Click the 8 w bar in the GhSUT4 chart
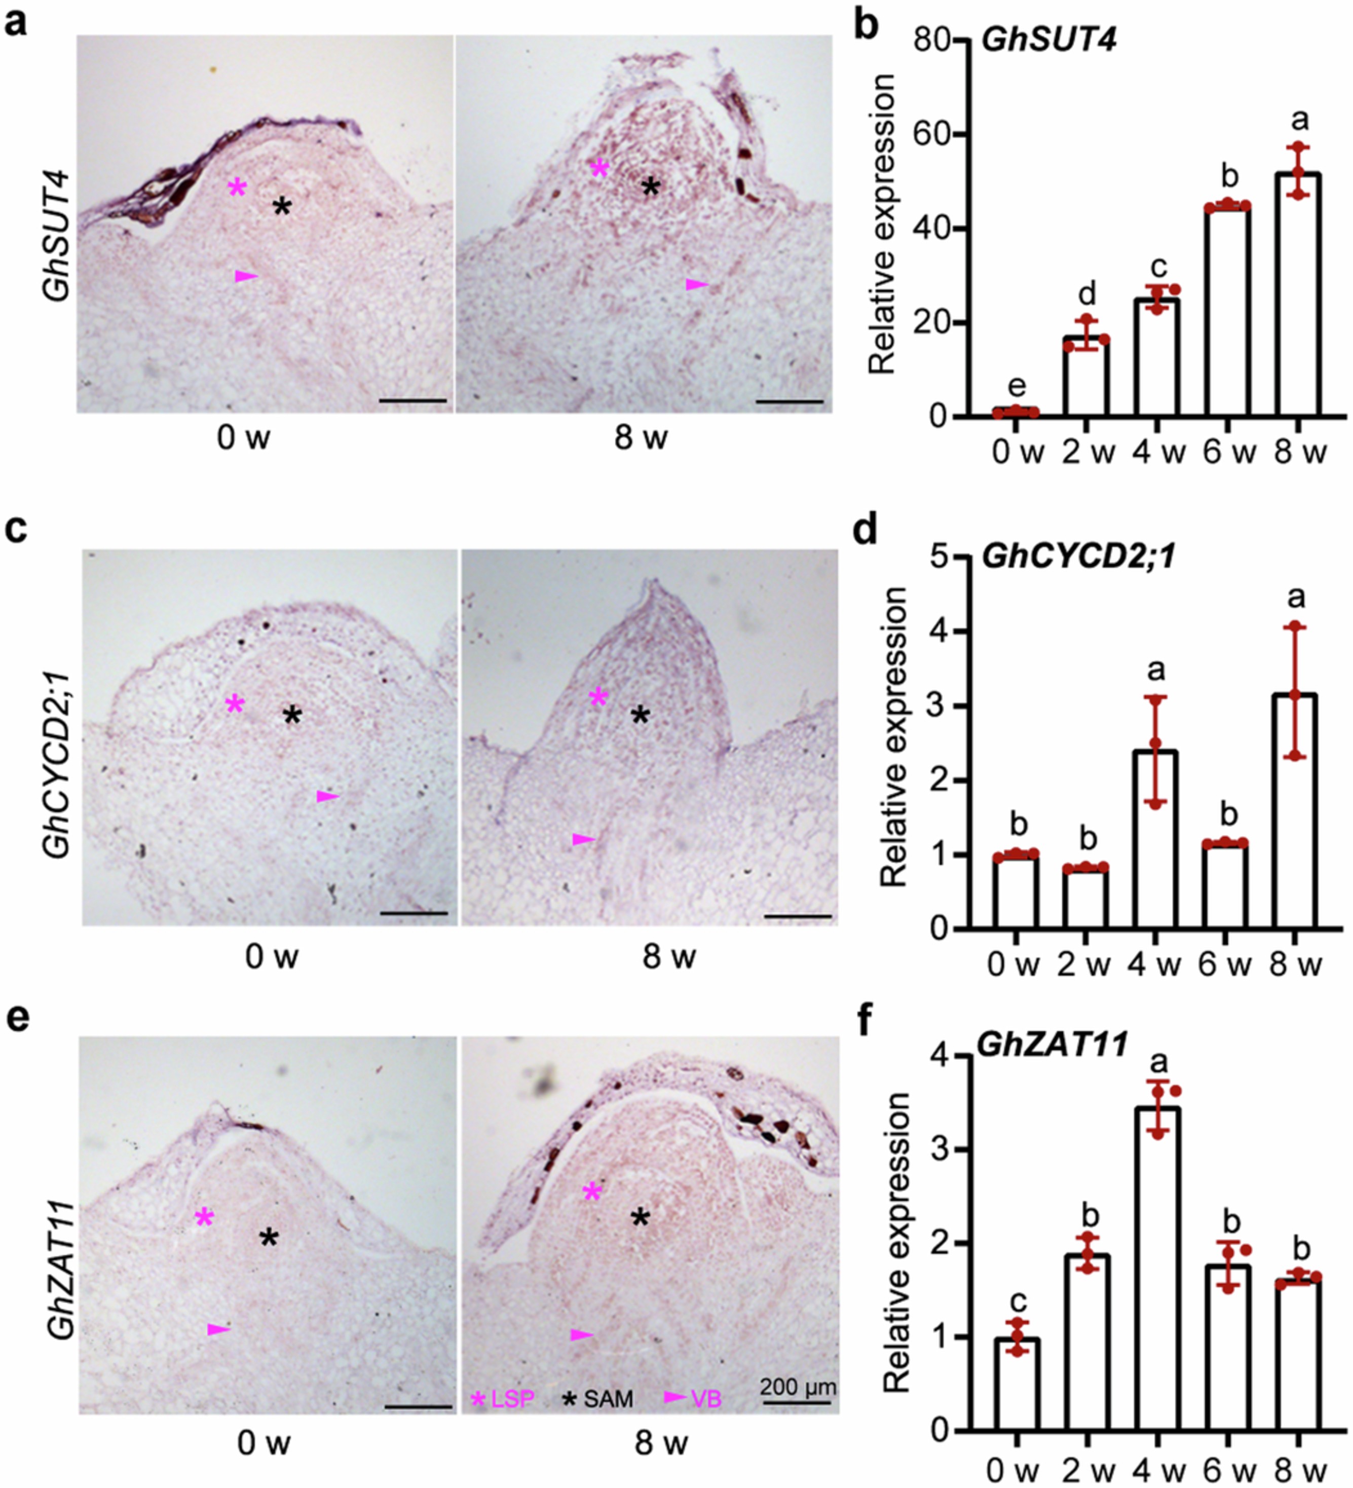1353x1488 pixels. point(1297,295)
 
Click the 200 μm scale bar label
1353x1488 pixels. point(798,1386)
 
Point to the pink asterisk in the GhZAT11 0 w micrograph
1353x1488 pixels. point(204,1217)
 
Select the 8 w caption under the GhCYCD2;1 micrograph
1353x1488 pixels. point(668,957)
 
